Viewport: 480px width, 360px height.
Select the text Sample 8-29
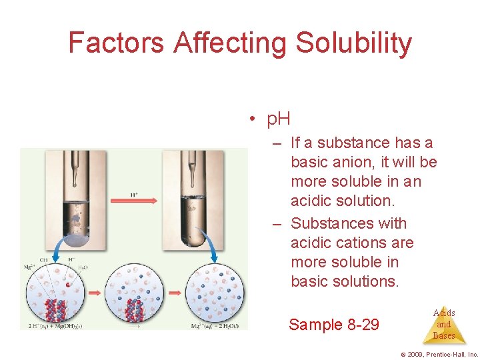[x=333, y=325]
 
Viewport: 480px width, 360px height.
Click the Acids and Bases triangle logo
[x=443, y=324]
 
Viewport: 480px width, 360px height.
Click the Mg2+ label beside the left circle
[x=30, y=266]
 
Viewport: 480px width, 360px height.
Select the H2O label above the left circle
[x=83, y=267]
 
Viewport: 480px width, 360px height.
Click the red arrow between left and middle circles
[x=94, y=292]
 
